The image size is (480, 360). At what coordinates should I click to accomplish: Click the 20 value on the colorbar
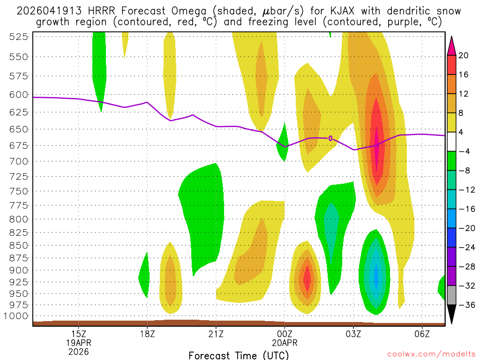[x=464, y=55]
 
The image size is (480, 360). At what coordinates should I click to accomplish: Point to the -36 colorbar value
[x=465, y=305]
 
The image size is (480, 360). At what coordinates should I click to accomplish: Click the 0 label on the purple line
[x=330, y=138]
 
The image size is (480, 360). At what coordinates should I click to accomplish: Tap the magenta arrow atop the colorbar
[x=452, y=45]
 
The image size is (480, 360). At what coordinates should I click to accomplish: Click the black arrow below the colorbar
[x=452, y=315]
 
